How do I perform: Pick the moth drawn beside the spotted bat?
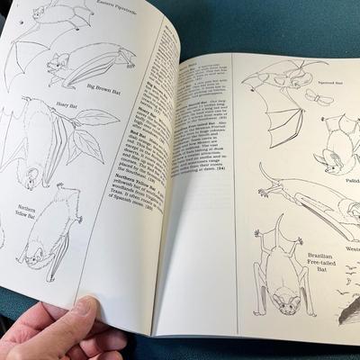coord(314,96)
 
